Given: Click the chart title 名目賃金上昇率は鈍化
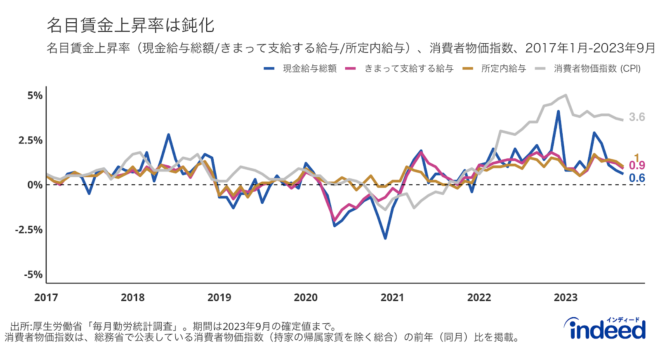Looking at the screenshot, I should (130, 25).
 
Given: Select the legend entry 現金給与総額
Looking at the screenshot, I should (309, 68).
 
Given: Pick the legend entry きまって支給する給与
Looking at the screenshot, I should (408, 68).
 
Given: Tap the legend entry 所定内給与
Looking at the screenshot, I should (503, 68).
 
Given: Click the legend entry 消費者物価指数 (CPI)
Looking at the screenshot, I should (597, 68).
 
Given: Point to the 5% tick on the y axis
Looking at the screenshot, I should (35, 96).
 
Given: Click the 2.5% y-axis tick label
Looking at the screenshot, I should (31, 140).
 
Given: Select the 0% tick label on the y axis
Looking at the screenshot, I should (35, 185).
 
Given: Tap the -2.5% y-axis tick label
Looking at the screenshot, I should (29, 230).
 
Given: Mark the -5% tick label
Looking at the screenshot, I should (33, 275).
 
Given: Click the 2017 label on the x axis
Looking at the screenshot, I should (46, 297).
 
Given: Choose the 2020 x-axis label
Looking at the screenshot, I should (306, 297).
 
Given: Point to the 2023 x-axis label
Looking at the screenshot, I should (566, 297).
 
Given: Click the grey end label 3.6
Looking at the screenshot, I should (637, 117).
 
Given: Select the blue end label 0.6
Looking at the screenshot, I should (637, 178).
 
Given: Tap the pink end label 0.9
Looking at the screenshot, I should (637, 166).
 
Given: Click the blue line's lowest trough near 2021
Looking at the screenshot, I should (385, 238).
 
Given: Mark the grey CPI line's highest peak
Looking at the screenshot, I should (566, 95).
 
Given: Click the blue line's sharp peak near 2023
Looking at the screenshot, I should (559, 111).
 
